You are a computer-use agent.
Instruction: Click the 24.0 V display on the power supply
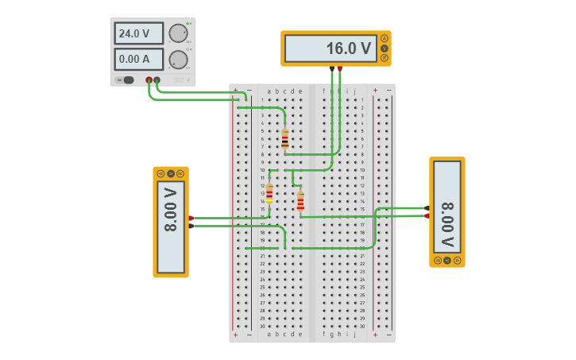click(138, 33)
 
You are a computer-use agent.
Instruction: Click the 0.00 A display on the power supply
click(138, 59)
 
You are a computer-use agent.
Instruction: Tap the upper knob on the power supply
click(178, 33)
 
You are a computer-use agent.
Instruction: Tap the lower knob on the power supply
click(178, 60)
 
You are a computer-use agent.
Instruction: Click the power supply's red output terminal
click(149, 79)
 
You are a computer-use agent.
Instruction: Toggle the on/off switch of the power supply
click(126, 79)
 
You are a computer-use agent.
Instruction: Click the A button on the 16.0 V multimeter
click(385, 38)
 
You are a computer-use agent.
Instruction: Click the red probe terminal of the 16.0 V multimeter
click(339, 68)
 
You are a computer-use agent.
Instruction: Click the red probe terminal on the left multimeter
click(191, 218)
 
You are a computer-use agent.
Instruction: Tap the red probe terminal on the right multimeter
click(427, 215)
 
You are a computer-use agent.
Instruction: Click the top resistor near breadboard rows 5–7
click(284, 139)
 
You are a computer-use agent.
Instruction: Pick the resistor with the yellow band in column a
click(269, 193)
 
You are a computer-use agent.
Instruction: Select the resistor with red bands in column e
click(300, 201)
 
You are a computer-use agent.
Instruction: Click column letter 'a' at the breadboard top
click(269, 91)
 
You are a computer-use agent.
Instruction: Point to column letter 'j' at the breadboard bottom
click(354, 335)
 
